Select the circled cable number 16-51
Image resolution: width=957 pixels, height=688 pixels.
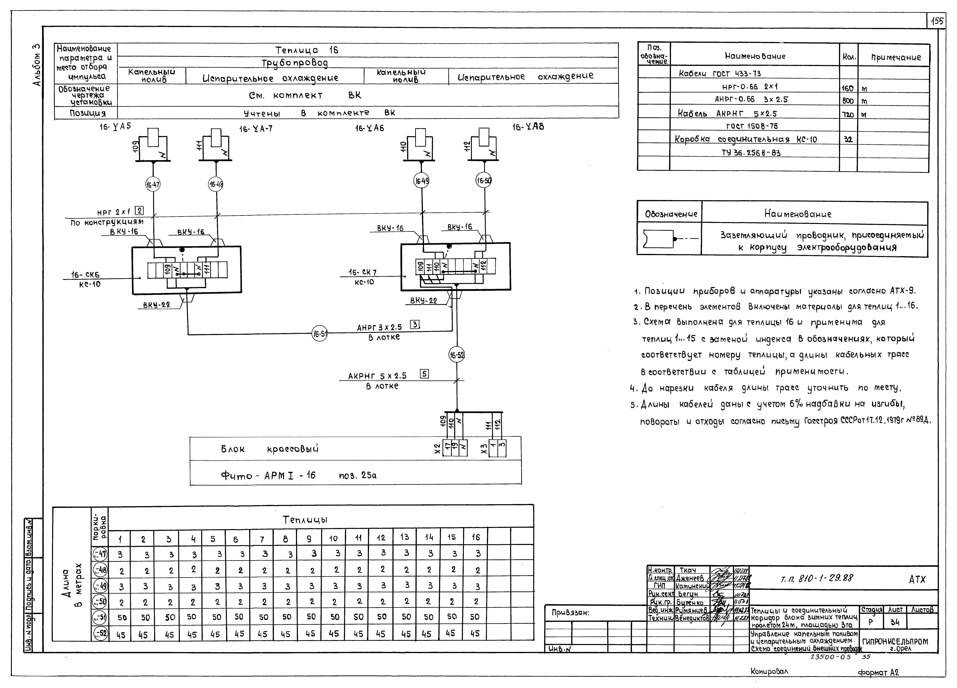tap(320, 334)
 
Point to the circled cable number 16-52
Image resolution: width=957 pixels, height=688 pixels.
tap(457, 355)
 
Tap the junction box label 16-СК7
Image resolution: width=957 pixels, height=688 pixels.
tap(362, 273)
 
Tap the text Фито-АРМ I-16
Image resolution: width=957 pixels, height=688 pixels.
tap(268, 476)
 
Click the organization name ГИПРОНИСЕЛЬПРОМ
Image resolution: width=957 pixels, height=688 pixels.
tap(895, 642)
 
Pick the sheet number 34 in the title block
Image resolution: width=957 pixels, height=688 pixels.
tap(895, 622)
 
